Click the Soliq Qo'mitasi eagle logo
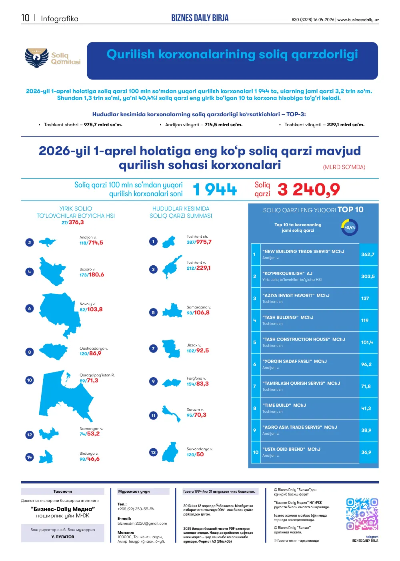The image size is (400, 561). [x=37, y=58]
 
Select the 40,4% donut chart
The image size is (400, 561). [x=350, y=227]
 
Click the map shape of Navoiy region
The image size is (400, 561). [x=60, y=315]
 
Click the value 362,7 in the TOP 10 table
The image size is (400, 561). [x=368, y=255]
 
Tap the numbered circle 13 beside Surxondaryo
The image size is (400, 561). [x=153, y=452]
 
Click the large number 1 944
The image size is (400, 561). [x=215, y=189]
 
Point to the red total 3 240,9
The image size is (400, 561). [x=309, y=189]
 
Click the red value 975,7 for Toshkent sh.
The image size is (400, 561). [x=204, y=242]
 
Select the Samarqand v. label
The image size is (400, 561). [x=199, y=307]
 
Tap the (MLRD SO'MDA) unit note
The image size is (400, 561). [x=344, y=167]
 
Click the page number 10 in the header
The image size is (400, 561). [x=25, y=18]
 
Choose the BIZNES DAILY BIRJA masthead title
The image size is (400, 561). [x=200, y=18]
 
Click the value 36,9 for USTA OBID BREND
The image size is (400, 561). [x=366, y=452]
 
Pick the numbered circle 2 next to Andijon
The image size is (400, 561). [x=30, y=243]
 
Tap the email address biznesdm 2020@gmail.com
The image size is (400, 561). [x=142, y=523]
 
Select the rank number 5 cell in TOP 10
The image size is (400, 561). [x=255, y=342]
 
